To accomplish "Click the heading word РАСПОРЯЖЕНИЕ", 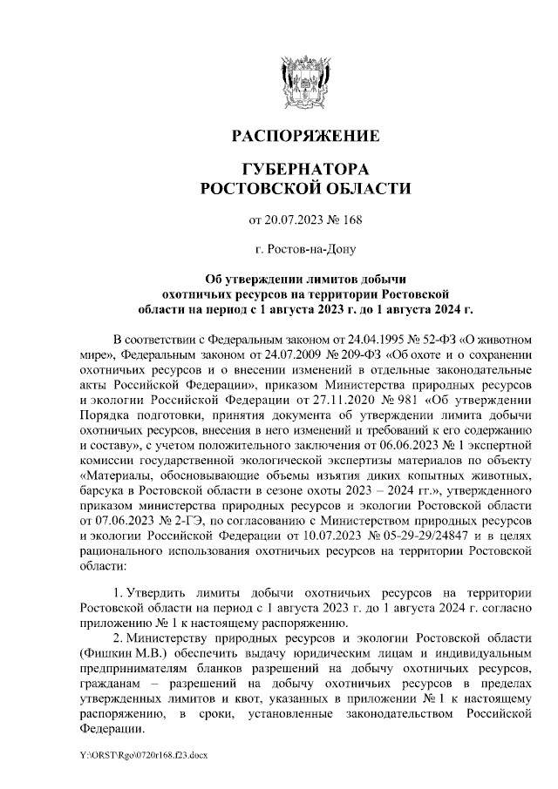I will pyautogui.click(x=304, y=136).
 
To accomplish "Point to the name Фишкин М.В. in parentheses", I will pyautogui.click(x=119, y=652).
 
